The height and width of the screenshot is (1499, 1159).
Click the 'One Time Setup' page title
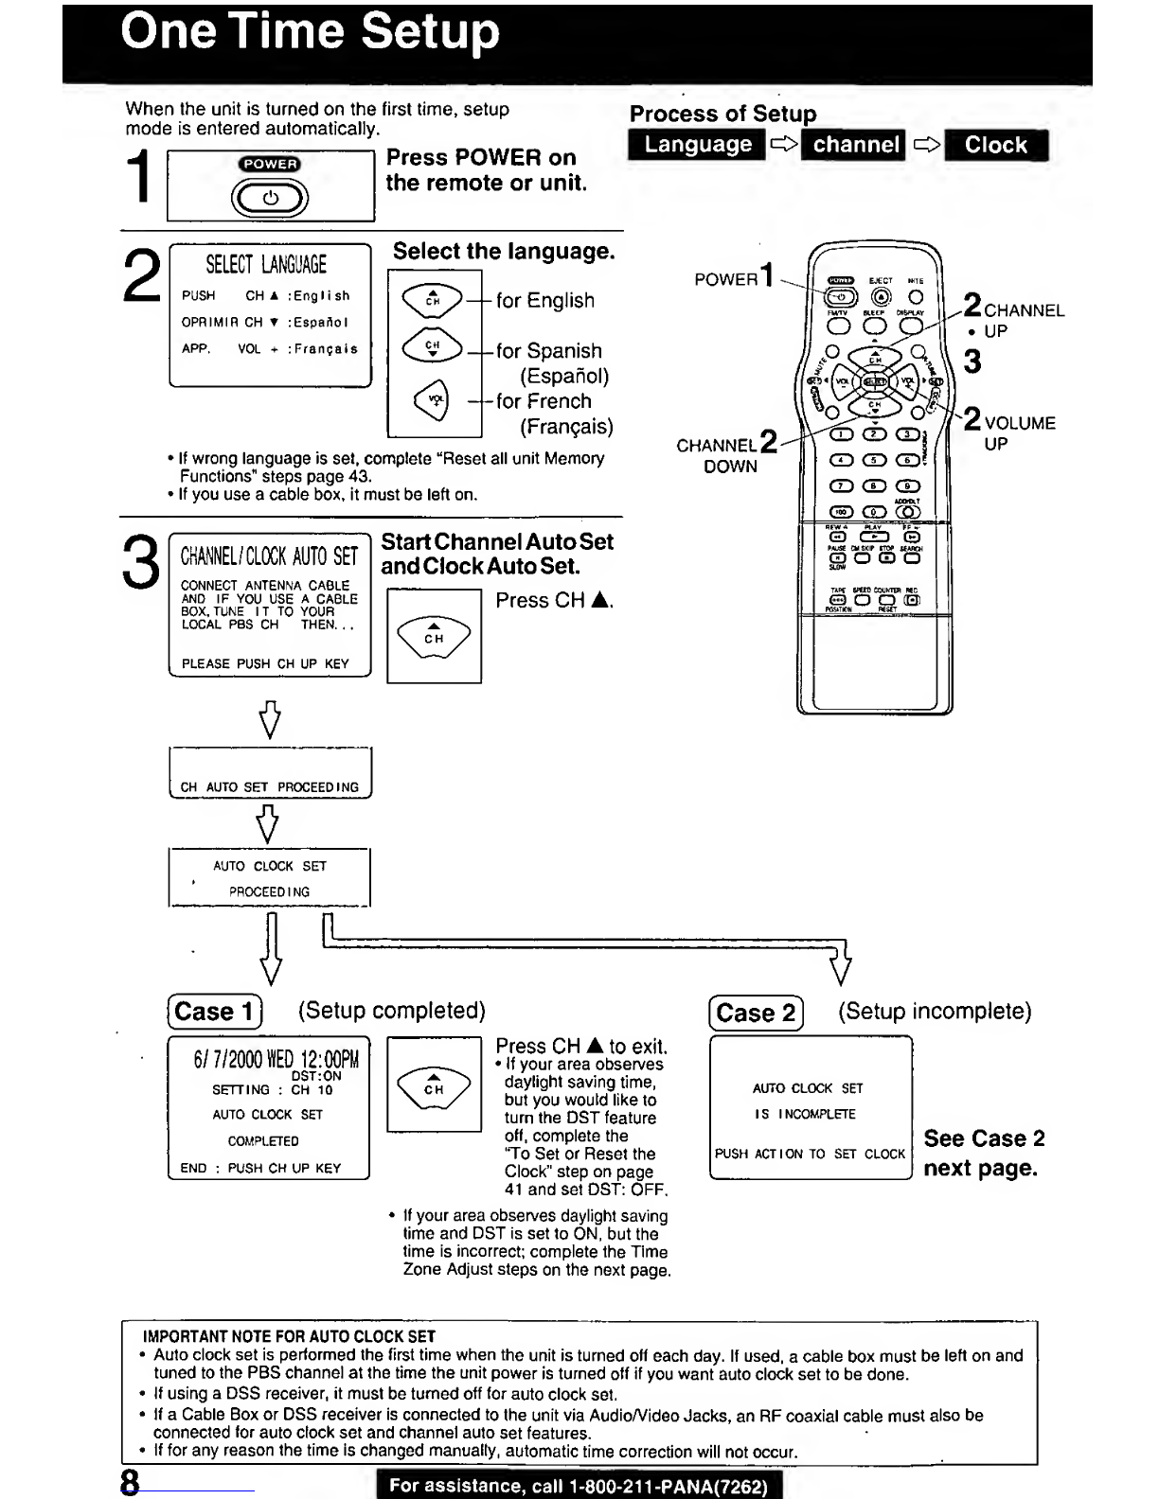(x=310, y=34)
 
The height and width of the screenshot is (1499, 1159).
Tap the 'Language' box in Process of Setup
(x=697, y=145)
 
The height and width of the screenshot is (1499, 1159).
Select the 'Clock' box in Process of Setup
(x=995, y=146)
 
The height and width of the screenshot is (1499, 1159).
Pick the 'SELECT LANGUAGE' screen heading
(x=266, y=265)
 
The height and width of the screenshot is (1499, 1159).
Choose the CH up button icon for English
(x=433, y=299)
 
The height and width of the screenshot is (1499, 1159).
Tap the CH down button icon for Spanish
(x=433, y=348)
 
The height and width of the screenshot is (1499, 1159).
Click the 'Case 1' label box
(x=215, y=1012)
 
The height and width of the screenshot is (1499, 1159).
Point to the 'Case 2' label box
(x=756, y=1014)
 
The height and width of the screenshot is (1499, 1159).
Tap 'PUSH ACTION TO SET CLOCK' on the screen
(x=810, y=1154)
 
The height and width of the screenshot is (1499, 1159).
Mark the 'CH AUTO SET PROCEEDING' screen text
(x=270, y=786)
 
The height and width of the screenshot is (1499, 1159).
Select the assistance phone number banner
(x=578, y=1486)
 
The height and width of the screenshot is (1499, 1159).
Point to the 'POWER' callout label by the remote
(x=725, y=279)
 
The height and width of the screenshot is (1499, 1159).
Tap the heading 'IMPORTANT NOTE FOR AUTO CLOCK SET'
(x=289, y=1336)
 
